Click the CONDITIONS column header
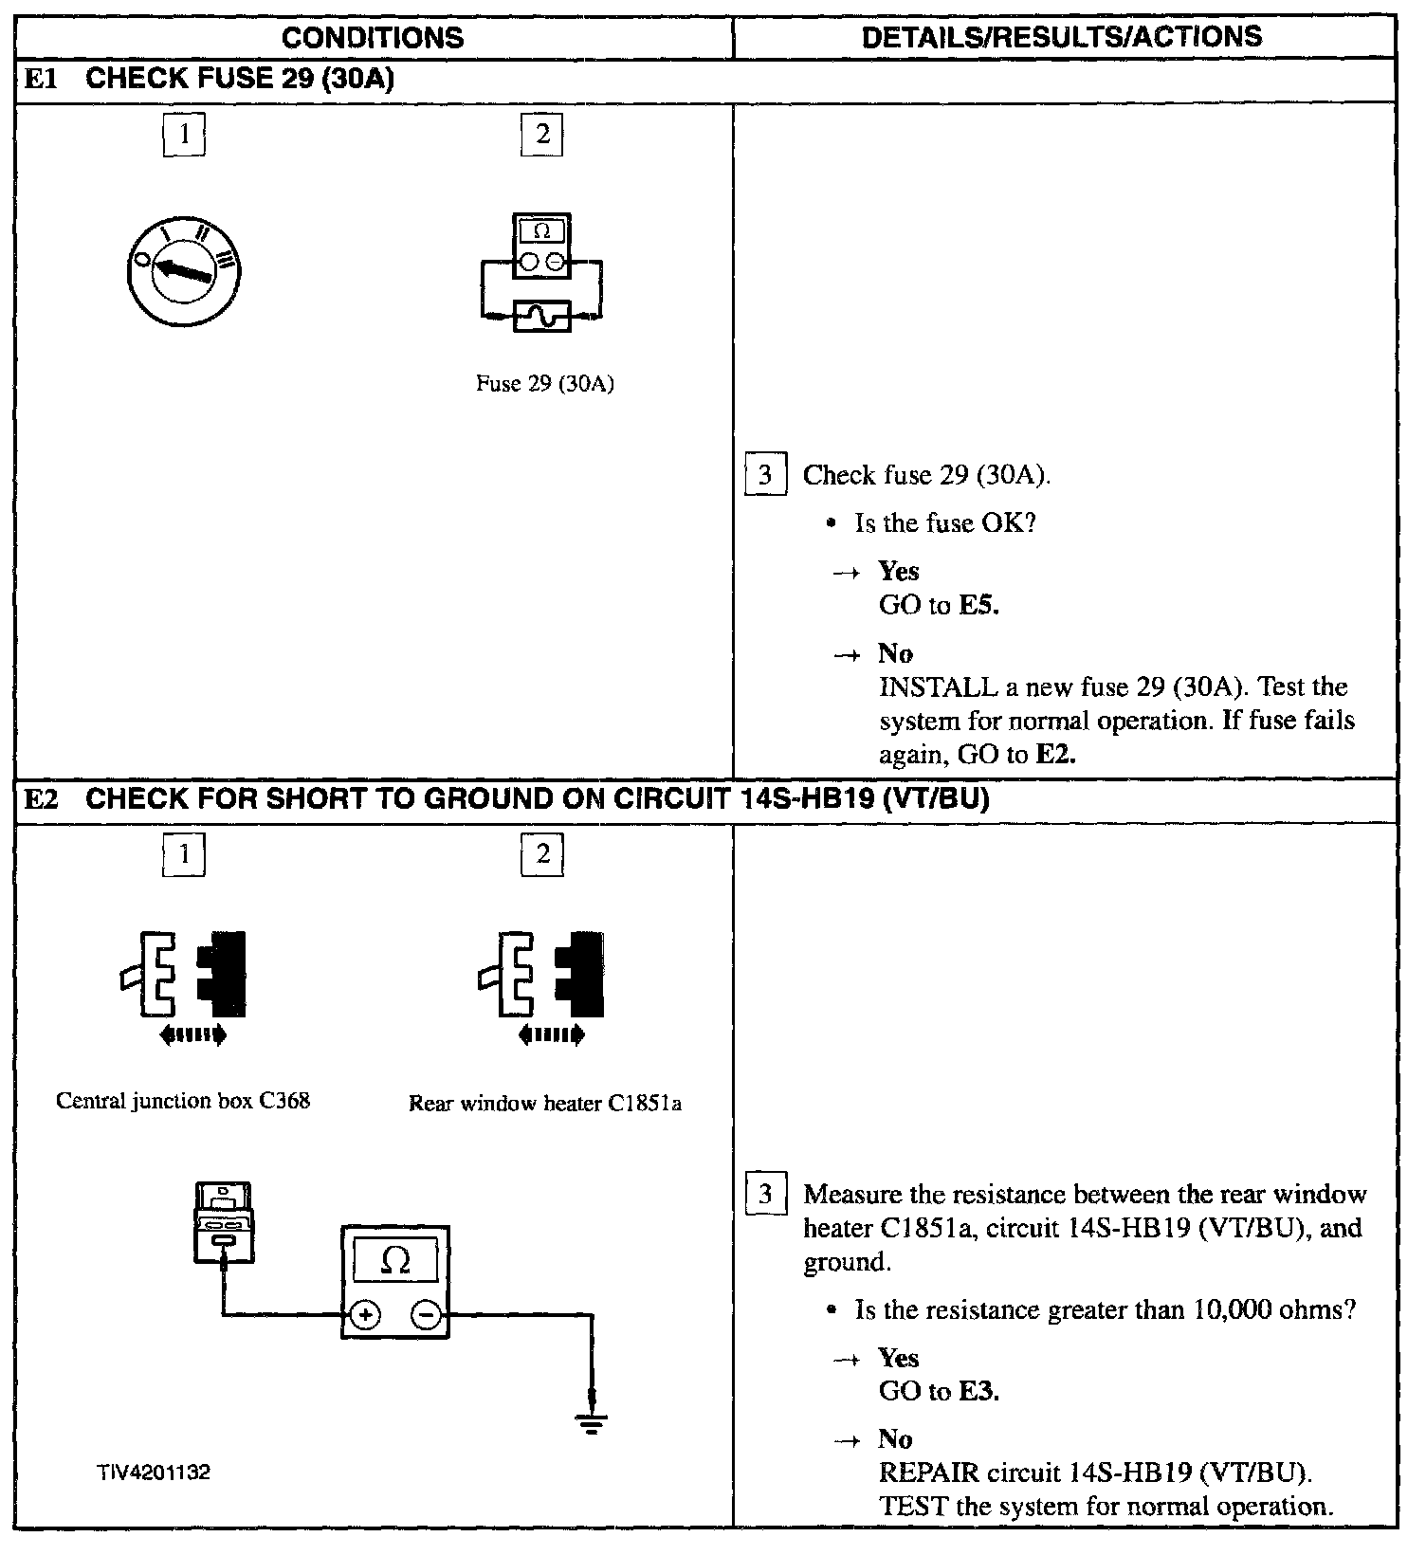pos(373,38)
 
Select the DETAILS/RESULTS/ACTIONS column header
pos(1063,37)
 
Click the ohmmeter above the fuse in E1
pos(541,246)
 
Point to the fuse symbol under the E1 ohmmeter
pos(541,315)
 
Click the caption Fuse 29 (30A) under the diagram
pos(544,384)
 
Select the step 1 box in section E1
pos(184,136)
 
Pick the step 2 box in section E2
pos(542,854)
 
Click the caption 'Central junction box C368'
pos(183,1101)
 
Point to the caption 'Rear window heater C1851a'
pos(545,1104)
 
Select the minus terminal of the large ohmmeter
pos(427,1315)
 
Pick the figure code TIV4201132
pos(153,1473)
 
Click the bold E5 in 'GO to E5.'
pos(978,605)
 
